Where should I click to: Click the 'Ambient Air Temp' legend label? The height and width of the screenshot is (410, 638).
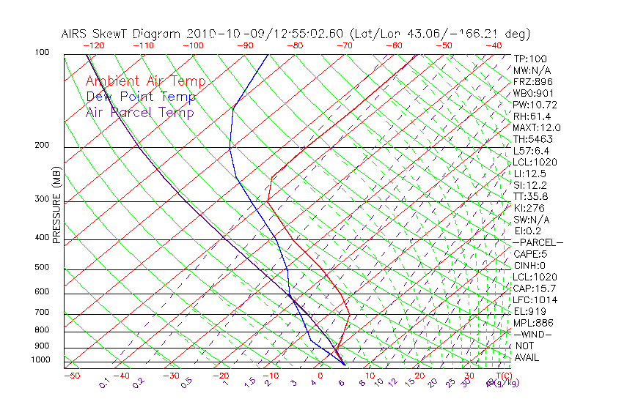click(x=145, y=81)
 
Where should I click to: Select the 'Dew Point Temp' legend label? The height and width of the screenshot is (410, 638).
click(x=141, y=97)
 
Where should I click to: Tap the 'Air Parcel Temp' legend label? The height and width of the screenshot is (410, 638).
click(x=140, y=112)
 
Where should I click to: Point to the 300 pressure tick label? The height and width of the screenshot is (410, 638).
click(x=43, y=198)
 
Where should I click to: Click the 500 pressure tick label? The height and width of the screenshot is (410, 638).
click(x=43, y=267)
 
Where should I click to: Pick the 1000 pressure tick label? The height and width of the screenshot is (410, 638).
click(x=41, y=359)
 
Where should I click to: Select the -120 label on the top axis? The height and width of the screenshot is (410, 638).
click(x=94, y=45)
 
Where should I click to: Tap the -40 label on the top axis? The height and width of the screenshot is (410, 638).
click(x=494, y=45)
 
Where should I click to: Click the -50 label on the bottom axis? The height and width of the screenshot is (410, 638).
click(x=71, y=376)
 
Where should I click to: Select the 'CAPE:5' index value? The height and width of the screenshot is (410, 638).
click(x=529, y=253)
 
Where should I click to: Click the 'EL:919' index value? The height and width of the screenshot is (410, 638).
click(x=529, y=310)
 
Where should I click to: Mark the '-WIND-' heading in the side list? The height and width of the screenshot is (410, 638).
click(x=532, y=334)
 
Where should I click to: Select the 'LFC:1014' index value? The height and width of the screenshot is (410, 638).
click(x=533, y=299)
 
